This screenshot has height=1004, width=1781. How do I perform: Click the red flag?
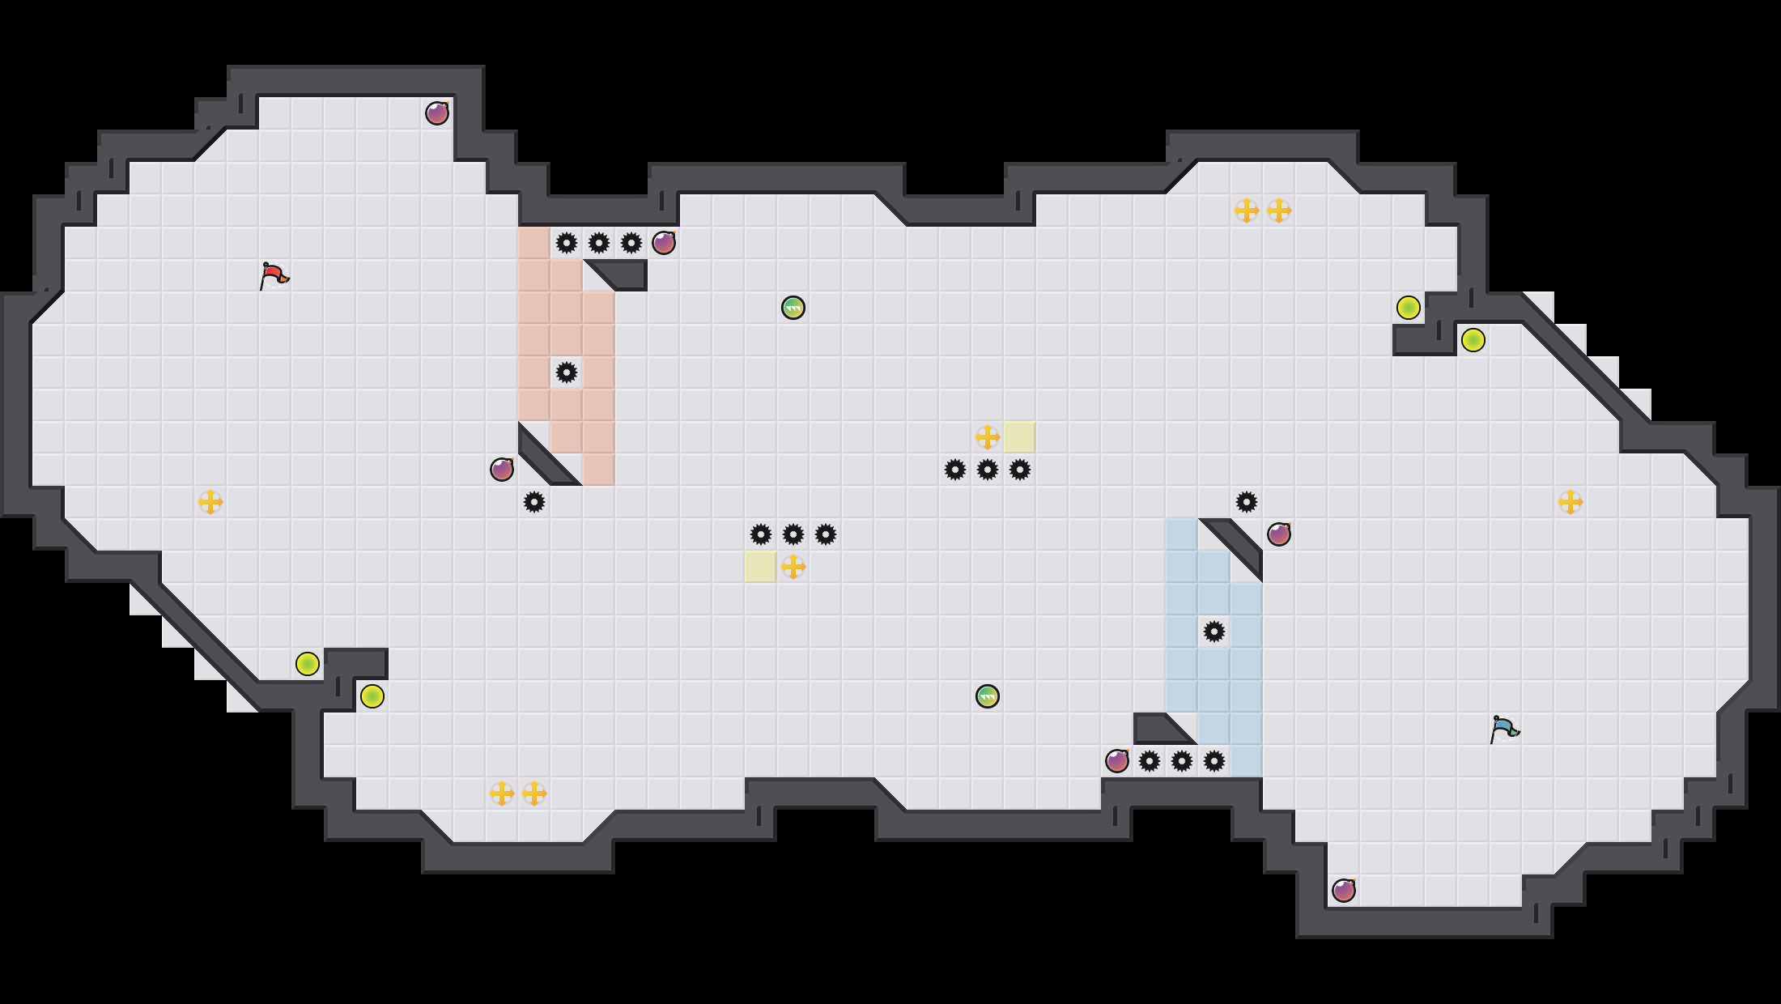(274, 275)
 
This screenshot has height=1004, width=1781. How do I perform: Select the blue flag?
(1504, 729)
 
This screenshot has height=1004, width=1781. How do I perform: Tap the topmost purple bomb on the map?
(437, 113)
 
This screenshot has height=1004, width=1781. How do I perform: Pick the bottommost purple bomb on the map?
(1344, 891)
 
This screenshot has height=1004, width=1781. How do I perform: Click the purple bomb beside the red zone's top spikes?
(664, 243)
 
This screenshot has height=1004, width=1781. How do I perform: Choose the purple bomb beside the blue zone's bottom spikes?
(1117, 761)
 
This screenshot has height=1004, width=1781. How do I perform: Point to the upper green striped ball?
(793, 308)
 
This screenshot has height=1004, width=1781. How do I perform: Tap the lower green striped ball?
(988, 696)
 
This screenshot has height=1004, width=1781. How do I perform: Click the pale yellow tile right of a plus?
(1020, 437)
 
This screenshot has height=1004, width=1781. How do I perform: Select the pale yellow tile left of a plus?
(761, 567)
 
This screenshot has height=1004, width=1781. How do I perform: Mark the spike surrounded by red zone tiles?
(567, 372)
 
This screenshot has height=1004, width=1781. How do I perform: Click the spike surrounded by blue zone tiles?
(1214, 632)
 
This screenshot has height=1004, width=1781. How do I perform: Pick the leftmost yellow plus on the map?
(210, 502)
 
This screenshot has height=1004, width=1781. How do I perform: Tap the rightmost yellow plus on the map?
(1571, 502)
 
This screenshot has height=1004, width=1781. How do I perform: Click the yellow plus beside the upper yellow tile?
(988, 437)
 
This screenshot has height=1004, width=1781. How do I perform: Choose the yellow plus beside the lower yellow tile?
(793, 567)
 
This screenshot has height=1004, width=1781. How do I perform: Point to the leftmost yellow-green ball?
(308, 664)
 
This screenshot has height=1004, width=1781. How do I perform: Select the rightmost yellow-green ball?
(1473, 340)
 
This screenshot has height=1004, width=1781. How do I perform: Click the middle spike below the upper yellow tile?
(988, 470)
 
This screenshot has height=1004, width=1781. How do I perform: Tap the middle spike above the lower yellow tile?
(793, 534)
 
